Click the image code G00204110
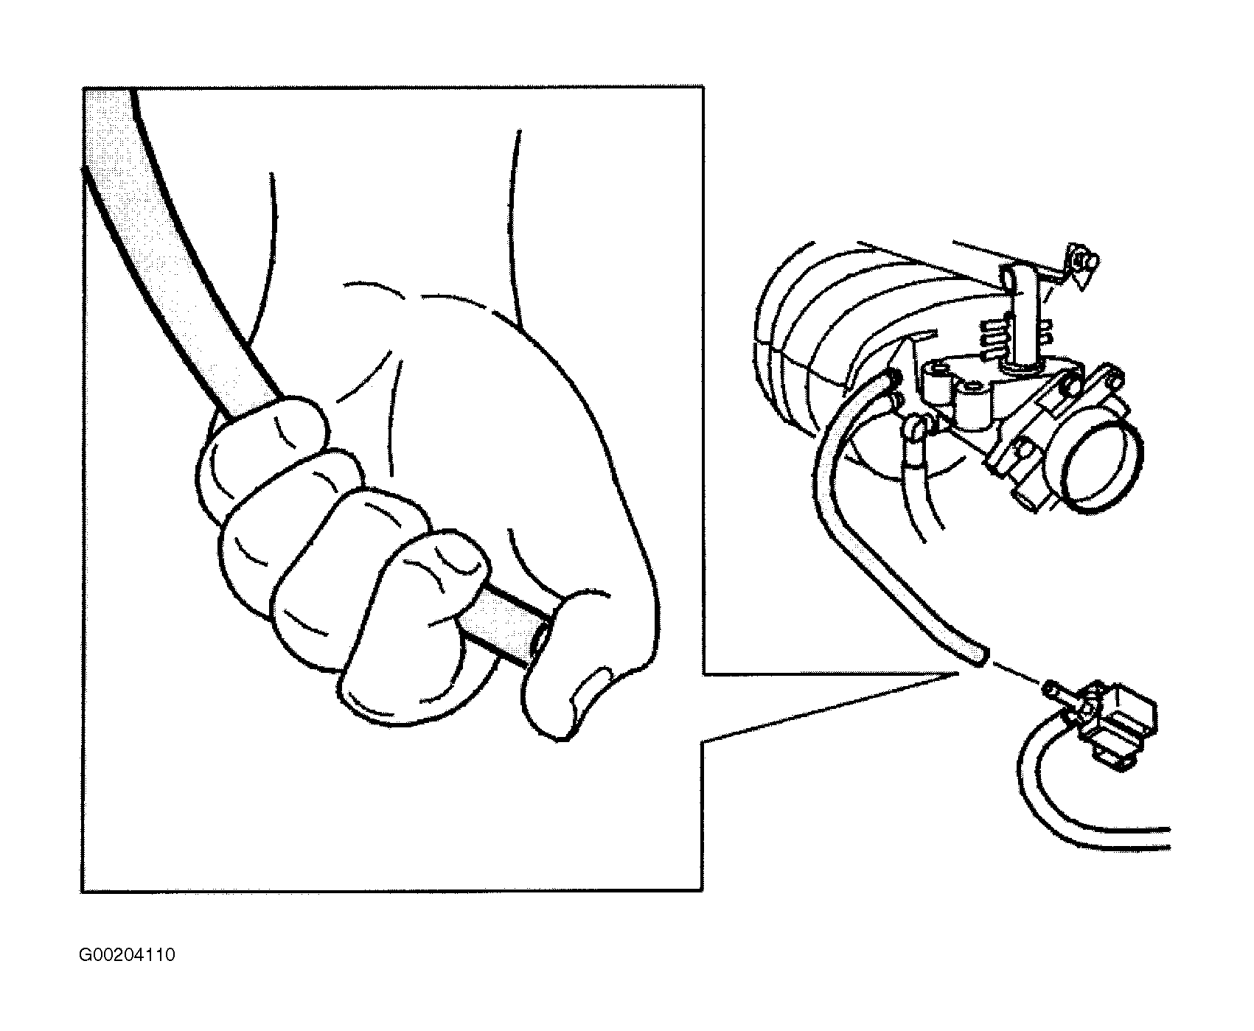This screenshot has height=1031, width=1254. (128, 955)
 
